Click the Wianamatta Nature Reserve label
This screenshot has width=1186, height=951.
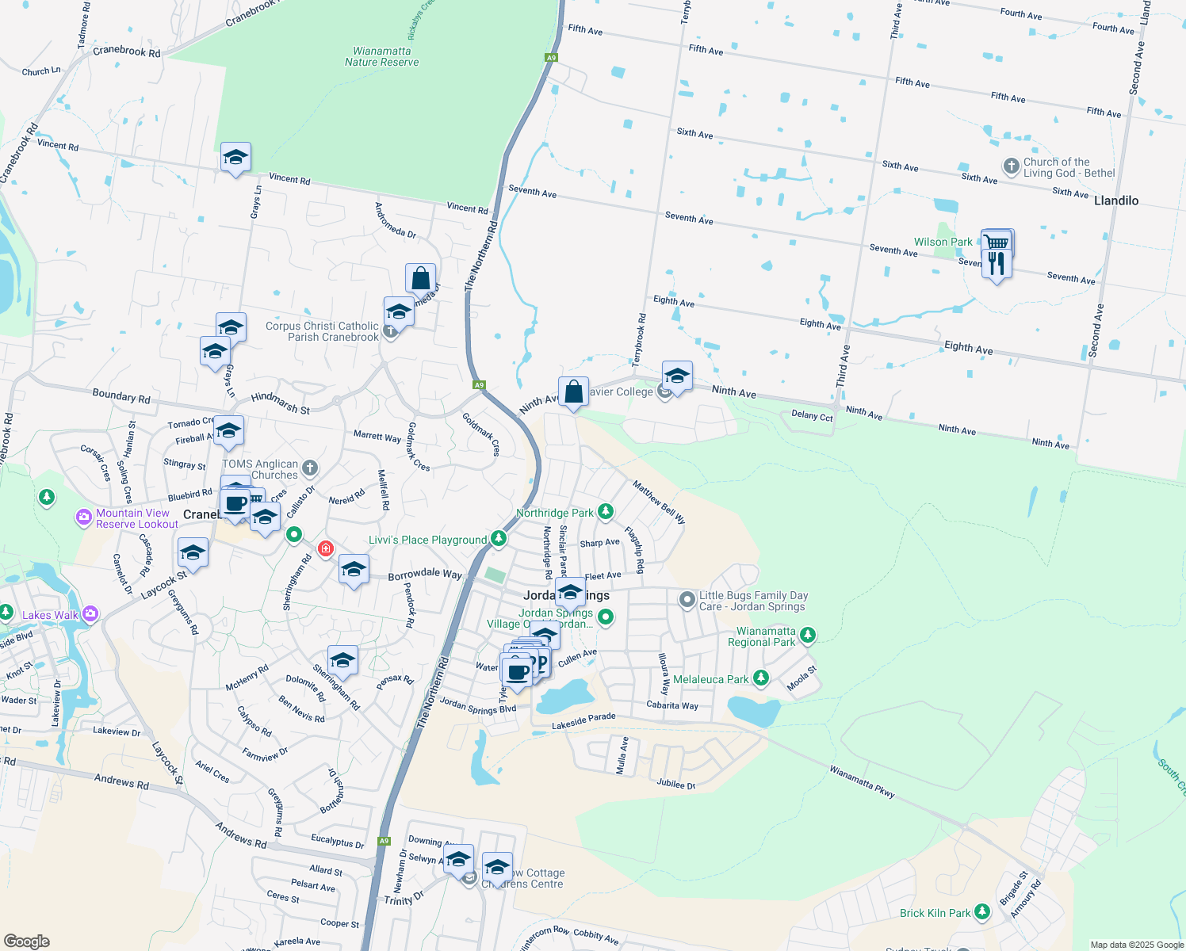point(381,56)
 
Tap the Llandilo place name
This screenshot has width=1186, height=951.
point(1115,201)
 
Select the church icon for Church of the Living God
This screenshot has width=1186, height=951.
point(1011,166)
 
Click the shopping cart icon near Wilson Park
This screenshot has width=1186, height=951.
point(997,243)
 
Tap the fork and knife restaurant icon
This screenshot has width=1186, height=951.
point(997,264)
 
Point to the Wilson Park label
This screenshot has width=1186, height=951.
point(943,242)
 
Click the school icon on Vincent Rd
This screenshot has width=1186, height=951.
point(235,158)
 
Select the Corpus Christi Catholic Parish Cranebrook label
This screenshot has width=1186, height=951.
point(322,331)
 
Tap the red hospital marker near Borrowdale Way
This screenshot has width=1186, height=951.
point(325,548)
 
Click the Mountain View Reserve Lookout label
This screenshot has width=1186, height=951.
point(136,518)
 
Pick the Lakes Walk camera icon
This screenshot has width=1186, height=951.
point(90,613)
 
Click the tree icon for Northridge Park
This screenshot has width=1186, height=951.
point(606,512)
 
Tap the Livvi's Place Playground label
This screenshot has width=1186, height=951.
point(427,540)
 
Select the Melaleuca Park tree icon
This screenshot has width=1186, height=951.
point(761,678)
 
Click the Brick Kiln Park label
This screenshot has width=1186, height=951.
point(935,913)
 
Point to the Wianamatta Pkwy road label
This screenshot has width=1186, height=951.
point(862,781)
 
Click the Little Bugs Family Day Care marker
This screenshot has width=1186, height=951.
point(687,599)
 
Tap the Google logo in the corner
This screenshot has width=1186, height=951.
point(26,941)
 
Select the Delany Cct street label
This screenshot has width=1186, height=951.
point(812,415)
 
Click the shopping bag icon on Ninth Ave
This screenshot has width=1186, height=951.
point(573,392)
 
